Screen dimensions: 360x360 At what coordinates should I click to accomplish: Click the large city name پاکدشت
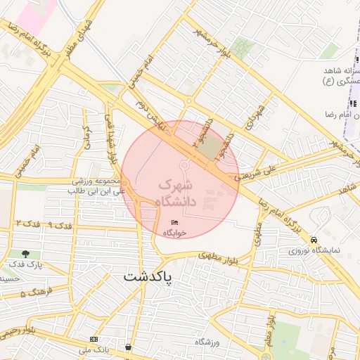(x=148, y=277)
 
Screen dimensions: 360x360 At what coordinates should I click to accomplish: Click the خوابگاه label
(x=175, y=233)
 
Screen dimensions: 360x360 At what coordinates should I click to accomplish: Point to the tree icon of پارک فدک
(x=26, y=254)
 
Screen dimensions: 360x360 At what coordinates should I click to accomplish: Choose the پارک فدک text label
(x=26, y=264)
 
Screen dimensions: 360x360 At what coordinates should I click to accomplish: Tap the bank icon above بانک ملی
(x=94, y=340)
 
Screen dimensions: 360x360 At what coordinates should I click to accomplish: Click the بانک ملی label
(x=94, y=349)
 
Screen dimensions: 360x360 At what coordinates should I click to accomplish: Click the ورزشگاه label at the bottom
(x=208, y=342)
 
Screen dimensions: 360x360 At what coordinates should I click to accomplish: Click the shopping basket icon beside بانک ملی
(x=128, y=347)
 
